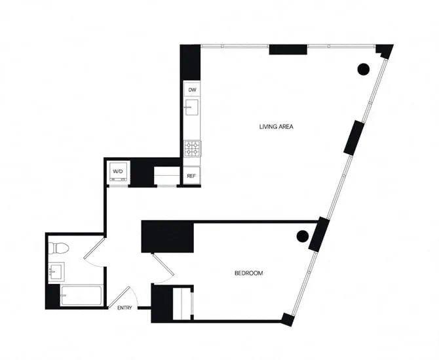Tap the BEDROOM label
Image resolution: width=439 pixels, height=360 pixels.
(248, 273)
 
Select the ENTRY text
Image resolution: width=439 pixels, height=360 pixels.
(125, 308)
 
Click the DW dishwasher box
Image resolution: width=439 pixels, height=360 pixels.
(192, 90)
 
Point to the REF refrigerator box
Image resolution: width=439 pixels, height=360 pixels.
(191, 176)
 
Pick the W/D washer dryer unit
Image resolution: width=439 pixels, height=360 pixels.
(118, 172)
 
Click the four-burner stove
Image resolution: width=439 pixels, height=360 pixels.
(192, 148)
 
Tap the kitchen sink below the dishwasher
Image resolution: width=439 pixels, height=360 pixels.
(192, 107)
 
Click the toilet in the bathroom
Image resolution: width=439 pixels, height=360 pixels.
(58, 249)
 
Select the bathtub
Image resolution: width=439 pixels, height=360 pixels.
(81, 296)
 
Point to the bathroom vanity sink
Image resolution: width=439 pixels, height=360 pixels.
(55, 271)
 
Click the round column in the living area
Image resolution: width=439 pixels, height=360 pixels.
(363, 68)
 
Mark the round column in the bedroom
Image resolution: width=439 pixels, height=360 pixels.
(302, 236)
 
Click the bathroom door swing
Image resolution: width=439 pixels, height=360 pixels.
(94, 252)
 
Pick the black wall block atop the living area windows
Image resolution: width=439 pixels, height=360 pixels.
(288, 49)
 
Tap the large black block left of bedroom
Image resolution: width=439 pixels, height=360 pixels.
(168, 237)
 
